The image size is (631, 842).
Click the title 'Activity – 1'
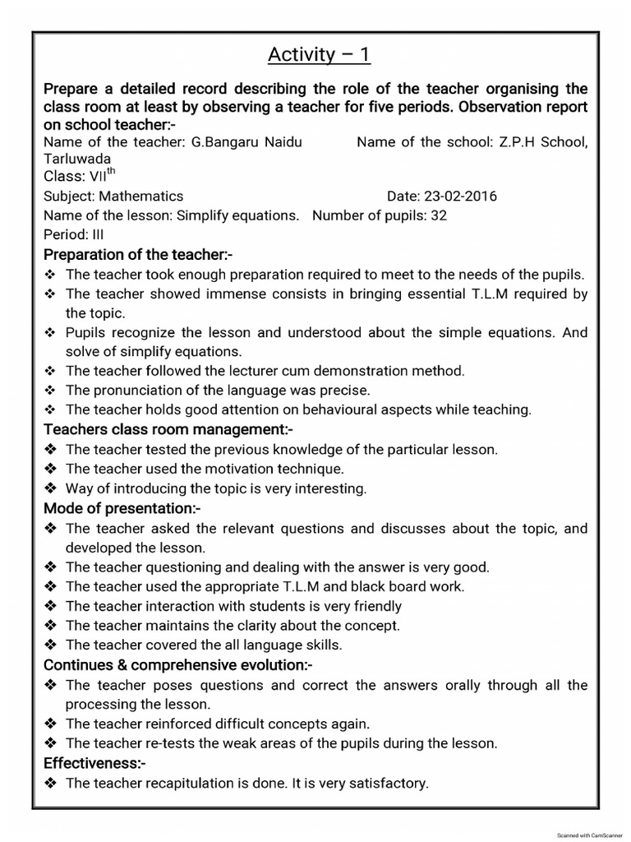pos(319,55)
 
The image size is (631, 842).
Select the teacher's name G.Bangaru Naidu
pos(246,142)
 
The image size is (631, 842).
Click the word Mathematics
pos(140,197)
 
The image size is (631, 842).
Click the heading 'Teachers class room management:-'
pos(168,429)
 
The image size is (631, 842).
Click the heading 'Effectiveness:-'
pos(94,763)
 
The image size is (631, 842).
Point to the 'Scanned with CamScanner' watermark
pos(592,835)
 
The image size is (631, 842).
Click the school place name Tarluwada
pos(76,159)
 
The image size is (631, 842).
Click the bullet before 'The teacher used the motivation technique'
pos(50,469)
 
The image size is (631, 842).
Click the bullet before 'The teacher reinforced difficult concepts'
pos(50,724)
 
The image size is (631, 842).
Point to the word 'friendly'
pos(375,606)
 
